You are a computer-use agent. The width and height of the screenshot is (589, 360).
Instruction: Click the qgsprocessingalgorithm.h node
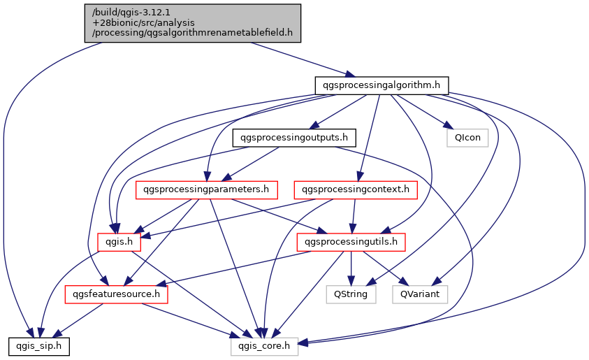tap(381, 85)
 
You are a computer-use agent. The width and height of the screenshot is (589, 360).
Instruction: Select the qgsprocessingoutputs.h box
tap(294, 137)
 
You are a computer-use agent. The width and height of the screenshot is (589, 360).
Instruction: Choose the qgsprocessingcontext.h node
tap(356, 189)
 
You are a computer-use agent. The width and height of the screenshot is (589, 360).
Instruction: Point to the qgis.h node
tap(119, 242)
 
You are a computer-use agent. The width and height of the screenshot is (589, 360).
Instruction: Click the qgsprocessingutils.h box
tap(351, 242)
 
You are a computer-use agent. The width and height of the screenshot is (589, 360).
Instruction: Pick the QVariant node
tap(420, 294)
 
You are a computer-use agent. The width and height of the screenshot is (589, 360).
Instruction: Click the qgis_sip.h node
tap(38, 346)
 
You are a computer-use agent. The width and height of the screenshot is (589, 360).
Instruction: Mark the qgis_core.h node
tap(265, 346)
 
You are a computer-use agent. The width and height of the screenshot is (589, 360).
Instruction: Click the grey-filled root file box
tap(193, 23)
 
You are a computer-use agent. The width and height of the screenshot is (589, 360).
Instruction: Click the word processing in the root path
tap(115, 33)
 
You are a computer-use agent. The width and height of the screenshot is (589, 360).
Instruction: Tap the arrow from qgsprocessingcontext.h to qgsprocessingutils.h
tap(354, 215)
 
